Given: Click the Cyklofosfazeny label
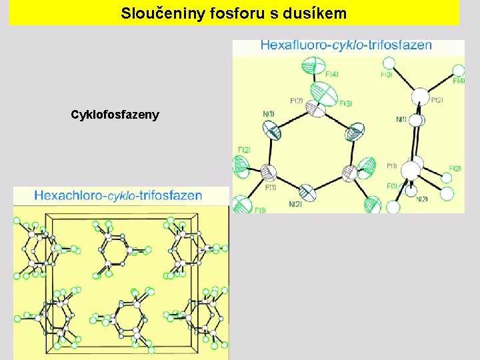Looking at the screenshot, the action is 115,115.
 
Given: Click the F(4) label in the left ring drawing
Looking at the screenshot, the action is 331,74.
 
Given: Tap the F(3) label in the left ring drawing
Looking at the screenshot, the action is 345,103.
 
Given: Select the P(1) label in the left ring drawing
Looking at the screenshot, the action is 270,187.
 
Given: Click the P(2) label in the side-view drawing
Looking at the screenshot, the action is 437,100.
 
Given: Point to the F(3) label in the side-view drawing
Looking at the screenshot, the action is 387,75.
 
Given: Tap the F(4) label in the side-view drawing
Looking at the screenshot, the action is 459,81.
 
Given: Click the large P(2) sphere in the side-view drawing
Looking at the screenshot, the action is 420,97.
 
